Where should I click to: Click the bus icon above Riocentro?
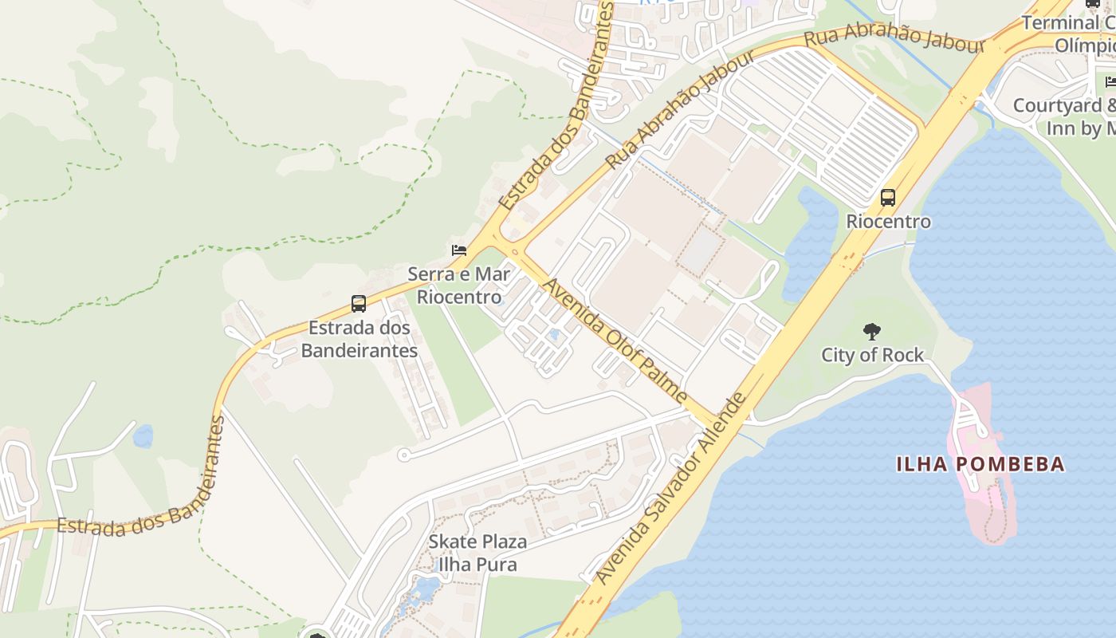click(887, 198)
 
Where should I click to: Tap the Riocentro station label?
click(888, 222)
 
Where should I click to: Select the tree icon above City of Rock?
click(872, 332)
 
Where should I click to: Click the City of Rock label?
click(872, 355)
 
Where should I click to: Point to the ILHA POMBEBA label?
click(980, 464)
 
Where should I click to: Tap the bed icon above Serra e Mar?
click(458, 250)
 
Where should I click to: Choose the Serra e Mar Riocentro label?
click(460, 286)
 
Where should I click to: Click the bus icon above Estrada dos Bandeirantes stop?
click(359, 304)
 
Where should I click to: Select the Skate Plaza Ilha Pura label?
click(477, 553)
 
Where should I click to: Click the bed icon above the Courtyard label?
click(1110, 81)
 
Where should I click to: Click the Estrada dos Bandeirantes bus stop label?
click(360, 338)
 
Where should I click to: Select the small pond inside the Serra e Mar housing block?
click(553, 335)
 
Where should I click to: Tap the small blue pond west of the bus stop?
click(143, 435)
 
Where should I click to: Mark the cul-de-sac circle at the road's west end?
click(403, 455)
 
